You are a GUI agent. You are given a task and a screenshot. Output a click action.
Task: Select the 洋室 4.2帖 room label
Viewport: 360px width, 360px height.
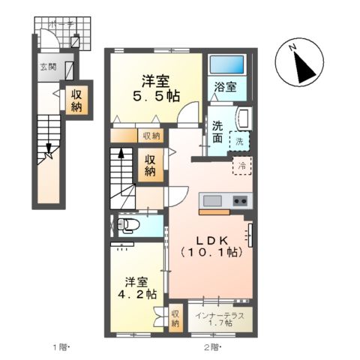[140, 289]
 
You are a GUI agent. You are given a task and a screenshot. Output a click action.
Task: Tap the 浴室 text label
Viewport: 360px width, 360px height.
[224, 86]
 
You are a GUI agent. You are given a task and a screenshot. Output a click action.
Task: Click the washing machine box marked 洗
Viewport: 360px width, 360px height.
[241, 140]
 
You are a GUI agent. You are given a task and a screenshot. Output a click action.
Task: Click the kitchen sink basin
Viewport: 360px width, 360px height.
[210, 201]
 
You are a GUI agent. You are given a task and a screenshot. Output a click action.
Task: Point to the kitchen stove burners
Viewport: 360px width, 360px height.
[240, 201]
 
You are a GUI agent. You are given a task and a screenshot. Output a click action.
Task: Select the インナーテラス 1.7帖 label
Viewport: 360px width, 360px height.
[220, 318]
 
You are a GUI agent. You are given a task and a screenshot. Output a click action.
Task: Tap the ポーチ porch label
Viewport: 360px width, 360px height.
[61, 25]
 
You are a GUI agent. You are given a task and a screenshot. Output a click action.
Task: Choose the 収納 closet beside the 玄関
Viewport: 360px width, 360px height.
[77, 100]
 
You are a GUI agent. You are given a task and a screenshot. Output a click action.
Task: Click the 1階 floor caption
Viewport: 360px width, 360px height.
[60, 346]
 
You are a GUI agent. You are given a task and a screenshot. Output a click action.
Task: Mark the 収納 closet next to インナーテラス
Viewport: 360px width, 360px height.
[175, 318]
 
